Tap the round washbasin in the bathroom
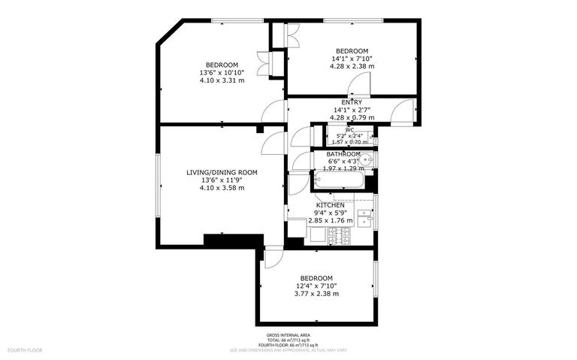[x=367, y=160]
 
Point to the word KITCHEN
[x=331, y=205]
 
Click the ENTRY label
[x=352, y=102]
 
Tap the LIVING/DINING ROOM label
[x=222, y=172]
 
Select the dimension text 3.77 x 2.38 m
[x=316, y=294]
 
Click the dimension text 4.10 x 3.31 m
[x=222, y=80]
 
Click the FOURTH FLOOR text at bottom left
[x=25, y=350]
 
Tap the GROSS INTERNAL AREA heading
[x=288, y=335]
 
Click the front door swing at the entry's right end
[x=405, y=111]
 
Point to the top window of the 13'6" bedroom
[x=226, y=21]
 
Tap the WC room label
[x=350, y=130]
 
